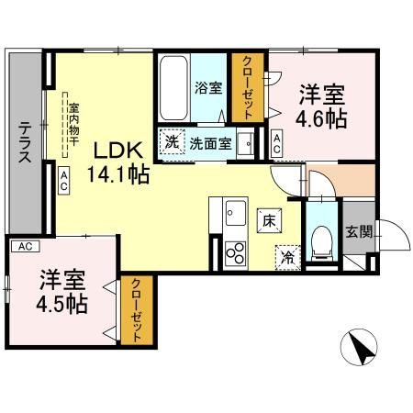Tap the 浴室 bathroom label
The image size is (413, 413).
pyautogui.click(x=208, y=88)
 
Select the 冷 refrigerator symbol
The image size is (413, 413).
pyautogui.click(x=288, y=258)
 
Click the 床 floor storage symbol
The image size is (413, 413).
pyautogui.click(x=269, y=219)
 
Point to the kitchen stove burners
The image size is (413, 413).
pyautogui.click(x=235, y=251)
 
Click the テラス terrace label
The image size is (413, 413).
pyautogui.click(x=26, y=143)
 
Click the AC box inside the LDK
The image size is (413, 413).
pyautogui.click(x=64, y=180)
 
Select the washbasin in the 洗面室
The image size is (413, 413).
pyautogui.click(x=245, y=143)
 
